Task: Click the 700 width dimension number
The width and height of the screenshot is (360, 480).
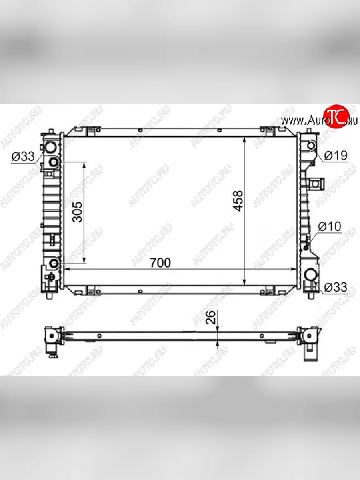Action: (x=160, y=263)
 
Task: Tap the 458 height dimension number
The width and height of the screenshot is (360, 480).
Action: (x=238, y=201)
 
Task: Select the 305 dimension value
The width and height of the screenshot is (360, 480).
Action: (x=78, y=212)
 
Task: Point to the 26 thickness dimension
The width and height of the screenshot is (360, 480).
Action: (x=211, y=317)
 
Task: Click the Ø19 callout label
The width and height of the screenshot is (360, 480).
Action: (x=336, y=156)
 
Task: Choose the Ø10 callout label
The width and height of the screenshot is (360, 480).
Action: (x=330, y=226)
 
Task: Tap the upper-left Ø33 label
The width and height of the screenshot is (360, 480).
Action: (x=23, y=156)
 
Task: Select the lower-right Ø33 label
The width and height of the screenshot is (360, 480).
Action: (x=336, y=287)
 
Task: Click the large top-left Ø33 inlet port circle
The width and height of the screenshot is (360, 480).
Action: (x=50, y=147)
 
